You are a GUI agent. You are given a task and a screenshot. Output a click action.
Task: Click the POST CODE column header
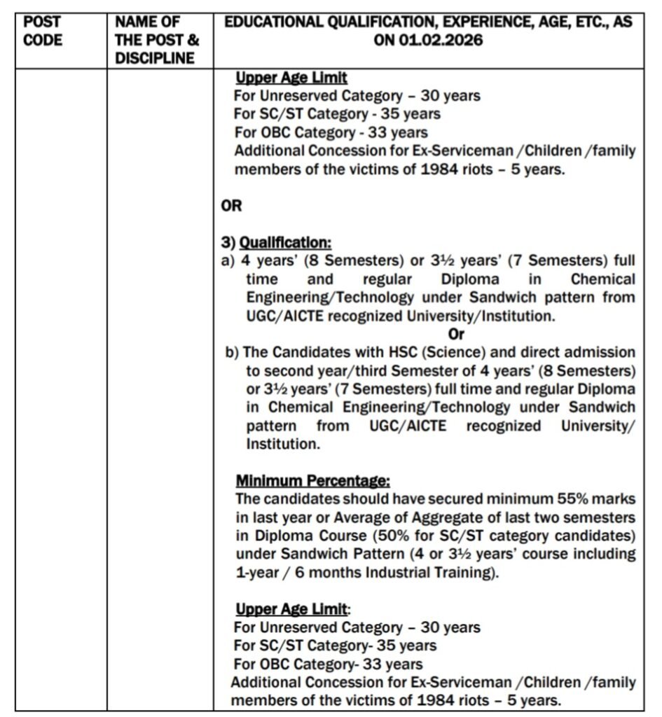pos(43,31)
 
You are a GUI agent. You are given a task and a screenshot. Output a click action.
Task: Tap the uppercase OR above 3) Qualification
pos(232,207)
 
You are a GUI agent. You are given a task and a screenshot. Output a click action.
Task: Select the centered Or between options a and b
pos(436,334)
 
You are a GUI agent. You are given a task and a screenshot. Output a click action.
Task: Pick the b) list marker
pos(232,352)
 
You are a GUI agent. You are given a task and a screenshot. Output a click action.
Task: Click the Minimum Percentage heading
pos(312,481)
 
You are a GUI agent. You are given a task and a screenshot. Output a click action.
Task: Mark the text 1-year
pos(258,573)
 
